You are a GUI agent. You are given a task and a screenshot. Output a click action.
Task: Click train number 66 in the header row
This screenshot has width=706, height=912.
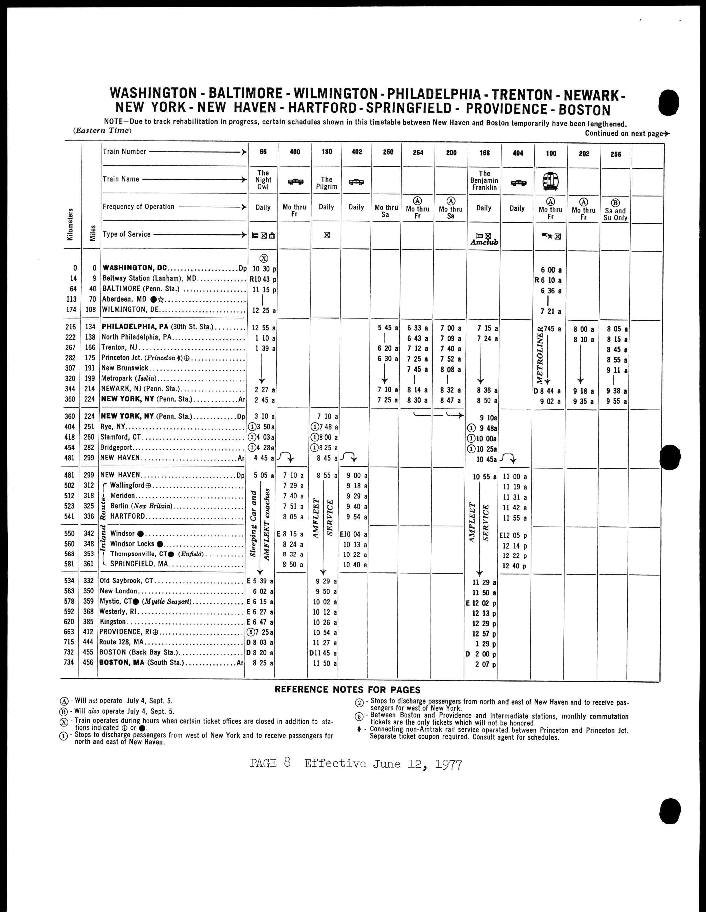pos(263,152)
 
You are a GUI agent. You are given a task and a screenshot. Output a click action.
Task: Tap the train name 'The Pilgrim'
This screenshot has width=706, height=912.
pos(327,183)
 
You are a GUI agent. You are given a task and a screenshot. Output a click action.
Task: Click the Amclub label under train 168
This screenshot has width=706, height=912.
pos(484,242)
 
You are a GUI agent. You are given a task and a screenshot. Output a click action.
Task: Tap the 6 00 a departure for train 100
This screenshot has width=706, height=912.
pos(551,270)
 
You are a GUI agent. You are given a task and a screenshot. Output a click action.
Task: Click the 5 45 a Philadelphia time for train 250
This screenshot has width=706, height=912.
pos(388,328)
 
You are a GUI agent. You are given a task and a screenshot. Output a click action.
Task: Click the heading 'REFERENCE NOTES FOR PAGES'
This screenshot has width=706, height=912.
pos(347,690)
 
